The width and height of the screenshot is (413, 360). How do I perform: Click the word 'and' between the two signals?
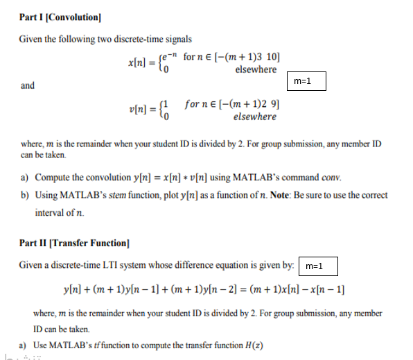(28, 86)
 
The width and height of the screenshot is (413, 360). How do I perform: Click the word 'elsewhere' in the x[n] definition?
(256, 69)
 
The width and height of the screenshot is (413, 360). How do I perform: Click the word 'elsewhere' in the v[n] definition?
(255, 117)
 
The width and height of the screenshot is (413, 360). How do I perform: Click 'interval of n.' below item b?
(61, 212)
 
